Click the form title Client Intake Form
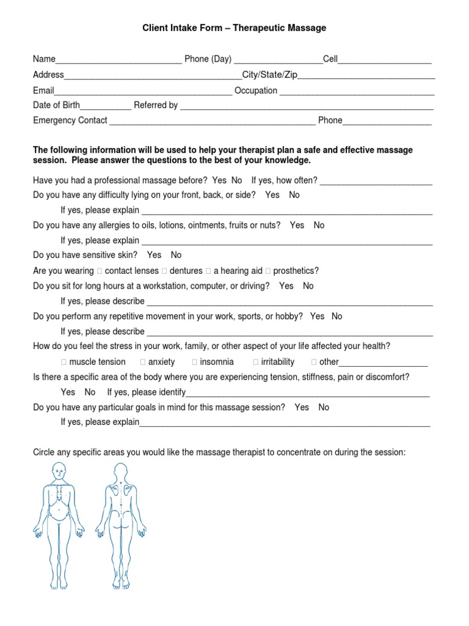pyautogui.click(x=234, y=28)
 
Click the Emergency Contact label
pyautogui.click(x=70, y=120)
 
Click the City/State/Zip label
pyautogui.click(x=269, y=75)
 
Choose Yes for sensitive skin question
pyautogui.click(x=154, y=255)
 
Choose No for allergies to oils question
pyautogui.click(x=319, y=225)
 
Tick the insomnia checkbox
pyautogui.click(x=195, y=362)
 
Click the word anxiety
pyautogui.click(x=161, y=362)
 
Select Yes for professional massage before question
pyautogui.click(x=219, y=180)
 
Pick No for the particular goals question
pyautogui.click(x=324, y=407)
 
